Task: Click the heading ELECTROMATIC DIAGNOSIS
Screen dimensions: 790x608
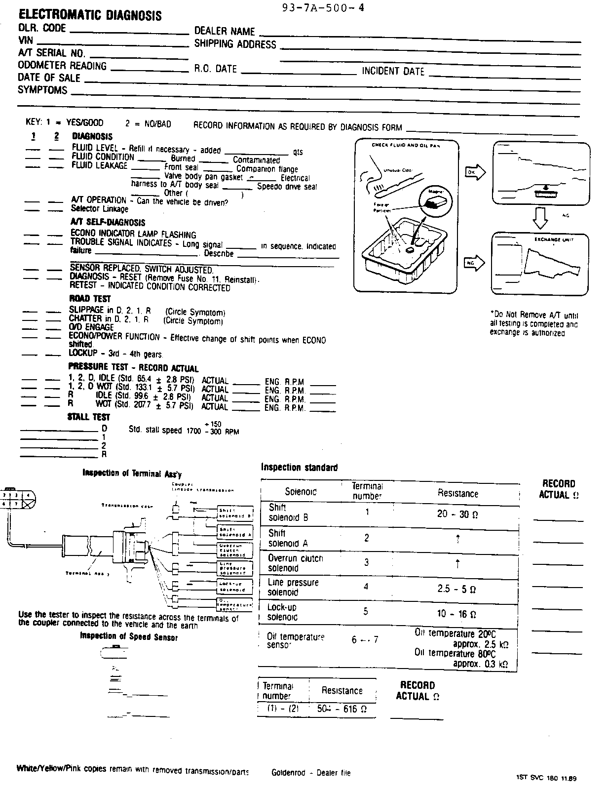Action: point(89,15)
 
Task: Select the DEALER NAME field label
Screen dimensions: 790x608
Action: point(224,31)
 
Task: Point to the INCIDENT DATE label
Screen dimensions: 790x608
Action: point(393,71)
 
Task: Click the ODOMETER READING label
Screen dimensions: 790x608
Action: point(62,66)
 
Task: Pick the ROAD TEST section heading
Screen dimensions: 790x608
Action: point(90,299)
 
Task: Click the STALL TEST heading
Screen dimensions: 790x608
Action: point(88,417)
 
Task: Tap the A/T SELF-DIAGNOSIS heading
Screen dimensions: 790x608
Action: point(108,223)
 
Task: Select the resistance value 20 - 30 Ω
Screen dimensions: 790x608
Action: point(457,514)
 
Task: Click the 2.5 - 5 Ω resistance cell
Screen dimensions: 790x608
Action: point(457,589)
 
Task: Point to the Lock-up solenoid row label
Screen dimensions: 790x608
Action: point(282,612)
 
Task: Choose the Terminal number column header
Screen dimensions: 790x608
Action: point(367,491)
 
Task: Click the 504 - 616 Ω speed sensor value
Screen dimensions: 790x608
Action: point(342,710)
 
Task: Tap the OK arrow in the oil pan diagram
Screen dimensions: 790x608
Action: point(475,172)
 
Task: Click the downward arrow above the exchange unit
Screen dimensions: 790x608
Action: point(541,217)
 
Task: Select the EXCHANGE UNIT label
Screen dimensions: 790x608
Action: point(554,239)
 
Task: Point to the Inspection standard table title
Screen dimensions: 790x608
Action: point(299,467)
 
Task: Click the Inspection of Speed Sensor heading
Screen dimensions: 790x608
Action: point(129,637)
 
